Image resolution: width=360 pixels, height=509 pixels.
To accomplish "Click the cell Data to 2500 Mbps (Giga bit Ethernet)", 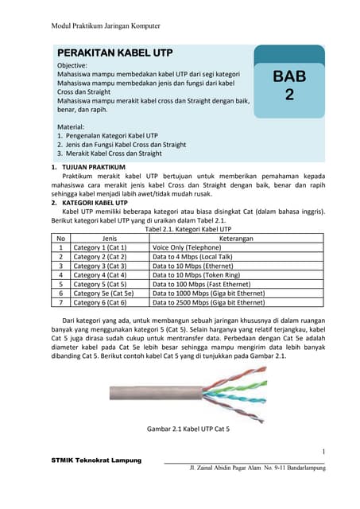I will tap(209, 302).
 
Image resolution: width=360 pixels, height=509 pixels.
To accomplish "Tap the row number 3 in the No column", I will tap(60, 266).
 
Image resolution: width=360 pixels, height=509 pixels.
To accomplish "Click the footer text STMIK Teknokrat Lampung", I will tap(96, 460).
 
